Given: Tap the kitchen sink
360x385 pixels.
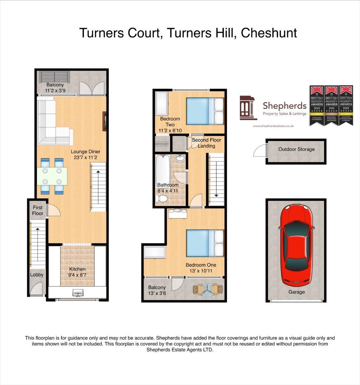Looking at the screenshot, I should point(77,293).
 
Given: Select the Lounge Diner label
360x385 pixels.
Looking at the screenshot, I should point(85,152).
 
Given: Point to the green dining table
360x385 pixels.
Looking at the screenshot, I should point(52,176).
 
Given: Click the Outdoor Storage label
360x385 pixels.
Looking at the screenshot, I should point(297,149).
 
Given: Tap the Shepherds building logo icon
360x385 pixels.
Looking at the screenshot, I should point(248,108).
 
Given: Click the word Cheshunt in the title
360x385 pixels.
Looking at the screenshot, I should point(269,33).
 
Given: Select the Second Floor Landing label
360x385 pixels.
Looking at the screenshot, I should point(206,143).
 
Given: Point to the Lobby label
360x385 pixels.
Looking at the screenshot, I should point(37,274).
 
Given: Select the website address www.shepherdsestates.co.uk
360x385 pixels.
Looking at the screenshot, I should point(273,126).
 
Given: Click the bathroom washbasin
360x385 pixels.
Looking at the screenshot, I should point(180,158).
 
